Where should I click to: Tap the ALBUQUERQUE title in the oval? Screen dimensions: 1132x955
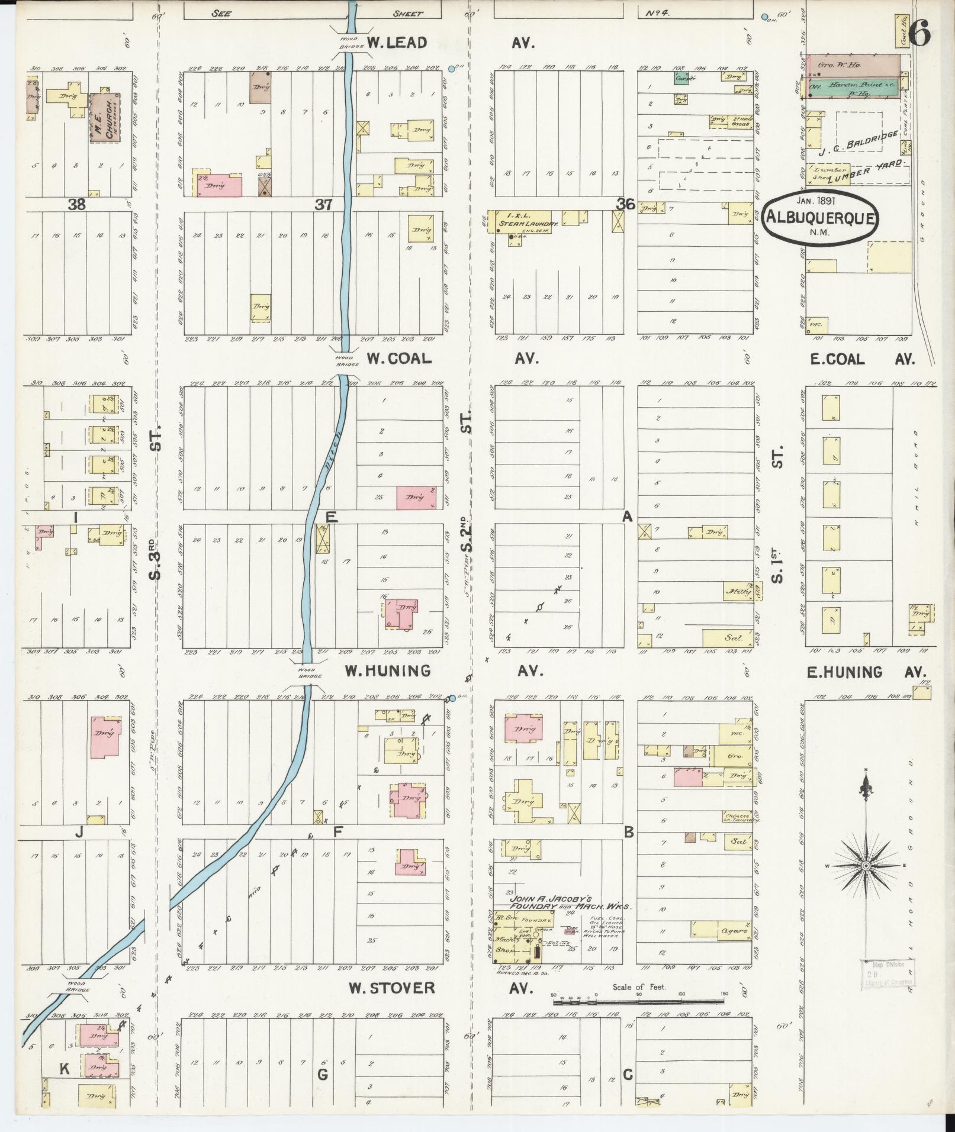[x=820, y=218]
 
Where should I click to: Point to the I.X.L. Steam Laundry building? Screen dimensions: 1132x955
[x=519, y=222]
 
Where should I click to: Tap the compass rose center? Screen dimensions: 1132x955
[x=866, y=866]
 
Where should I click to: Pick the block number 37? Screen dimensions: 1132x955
[x=323, y=205]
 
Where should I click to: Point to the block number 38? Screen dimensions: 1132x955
[x=77, y=205]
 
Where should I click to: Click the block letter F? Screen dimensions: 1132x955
[x=338, y=832]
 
